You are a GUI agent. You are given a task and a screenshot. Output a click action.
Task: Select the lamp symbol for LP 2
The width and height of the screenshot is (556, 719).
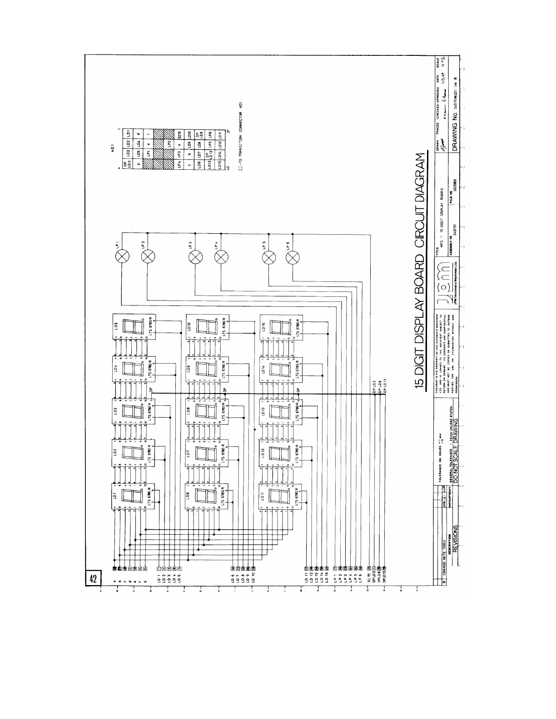pos(147,257)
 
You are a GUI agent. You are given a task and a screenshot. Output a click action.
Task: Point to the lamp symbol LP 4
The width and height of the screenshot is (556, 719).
pos(221,257)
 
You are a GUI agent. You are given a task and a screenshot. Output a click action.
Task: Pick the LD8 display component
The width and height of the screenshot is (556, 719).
pos(208,412)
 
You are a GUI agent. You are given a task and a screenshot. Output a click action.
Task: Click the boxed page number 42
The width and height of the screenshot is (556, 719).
pos(93,579)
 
